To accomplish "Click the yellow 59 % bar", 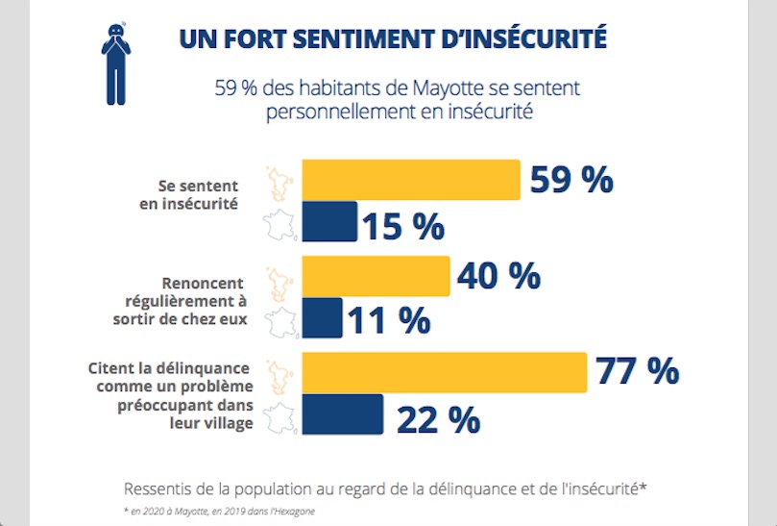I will point(411,180).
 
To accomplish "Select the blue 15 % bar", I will point(329,221).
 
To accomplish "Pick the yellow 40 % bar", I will point(376,276).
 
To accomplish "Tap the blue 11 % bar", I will point(322,317).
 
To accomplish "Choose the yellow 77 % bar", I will point(444,372).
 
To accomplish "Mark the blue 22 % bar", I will point(342,414).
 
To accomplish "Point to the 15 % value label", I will point(402,226).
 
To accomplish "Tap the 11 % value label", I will point(387,320).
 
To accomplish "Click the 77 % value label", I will point(637,370).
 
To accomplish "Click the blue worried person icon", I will point(116,63).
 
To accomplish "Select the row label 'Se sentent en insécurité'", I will point(198,195).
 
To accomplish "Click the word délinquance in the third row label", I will point(205,368).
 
